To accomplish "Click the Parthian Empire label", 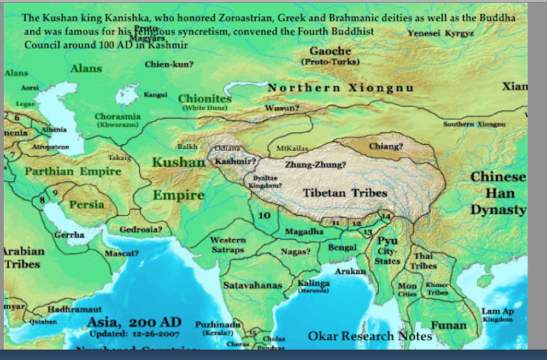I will (x=73, y=172).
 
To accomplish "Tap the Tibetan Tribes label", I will (x=345, y=193).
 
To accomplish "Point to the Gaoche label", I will (x=330, y=51).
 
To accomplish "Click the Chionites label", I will (x=205, y=99).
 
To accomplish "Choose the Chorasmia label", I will (x=117, y=116).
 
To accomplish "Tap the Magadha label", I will (x=304, y=232).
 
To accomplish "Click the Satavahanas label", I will (x=252, y=285).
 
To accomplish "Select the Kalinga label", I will (x=313, y=284).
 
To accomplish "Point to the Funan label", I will (x=449, y=325).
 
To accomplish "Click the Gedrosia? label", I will (x=140, y=229).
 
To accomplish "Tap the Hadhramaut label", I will (x=74, y=310).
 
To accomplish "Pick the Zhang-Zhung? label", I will (x=315, y=164).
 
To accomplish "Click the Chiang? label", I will (x=386, y=146).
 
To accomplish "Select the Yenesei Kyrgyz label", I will (x=440, y=33).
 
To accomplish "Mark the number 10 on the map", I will (x=264, y=215).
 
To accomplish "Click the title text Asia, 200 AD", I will (x=134, y=322).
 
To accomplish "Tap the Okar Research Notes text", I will (x=370, y=336).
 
